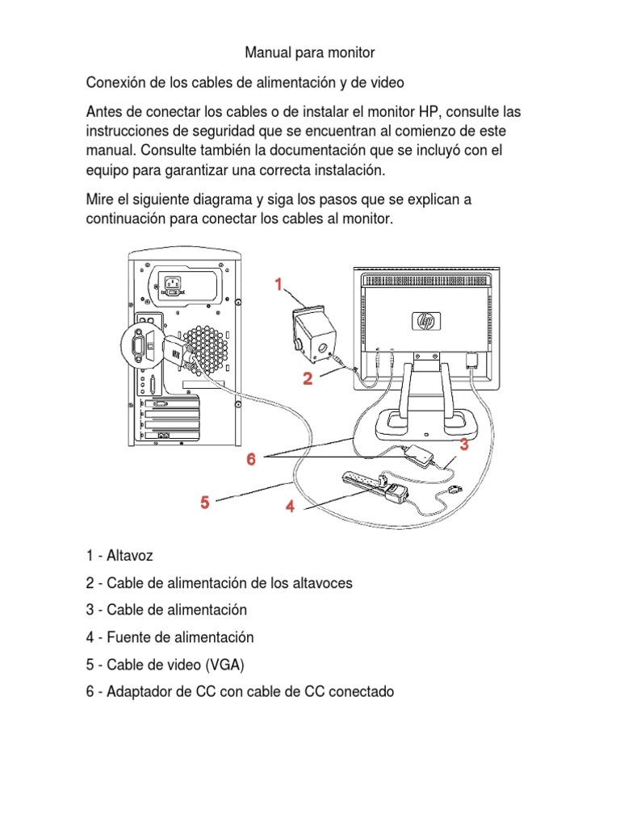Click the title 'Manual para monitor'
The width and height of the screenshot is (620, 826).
pos(310,53)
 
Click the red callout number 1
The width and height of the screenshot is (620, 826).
pos(278,284)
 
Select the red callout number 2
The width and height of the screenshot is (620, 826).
pos(308,379)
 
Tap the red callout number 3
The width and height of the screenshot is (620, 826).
pos(464,444)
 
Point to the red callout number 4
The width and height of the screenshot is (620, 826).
pos(289,507)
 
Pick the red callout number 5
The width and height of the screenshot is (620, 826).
pos(205,503)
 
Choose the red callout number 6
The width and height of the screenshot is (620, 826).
pos(251,459)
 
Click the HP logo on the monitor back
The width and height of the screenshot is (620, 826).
pos(424,320)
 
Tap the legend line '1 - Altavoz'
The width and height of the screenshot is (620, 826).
pos(119,556)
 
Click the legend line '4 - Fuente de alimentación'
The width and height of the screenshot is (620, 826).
pos(170,637)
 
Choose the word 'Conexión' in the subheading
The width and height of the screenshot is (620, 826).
pos(114,82)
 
